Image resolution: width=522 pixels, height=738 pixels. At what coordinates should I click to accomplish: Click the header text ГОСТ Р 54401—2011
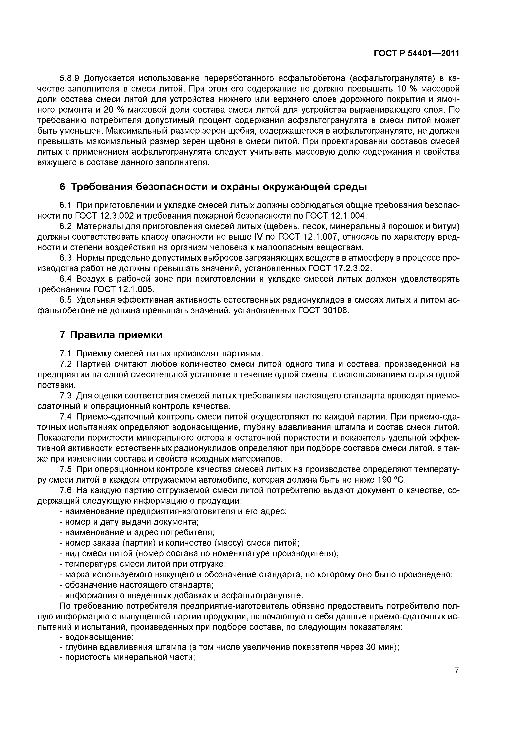coord(416,53)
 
